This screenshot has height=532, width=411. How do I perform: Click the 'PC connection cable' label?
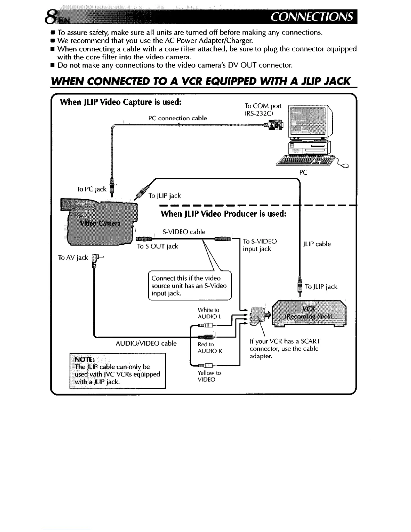[177, 118]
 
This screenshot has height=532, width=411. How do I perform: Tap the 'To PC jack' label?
[91, 189]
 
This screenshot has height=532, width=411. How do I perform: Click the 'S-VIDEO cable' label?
[184, 232]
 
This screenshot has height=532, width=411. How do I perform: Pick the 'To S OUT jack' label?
[157, 246]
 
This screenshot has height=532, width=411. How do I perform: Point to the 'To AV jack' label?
[73, 258]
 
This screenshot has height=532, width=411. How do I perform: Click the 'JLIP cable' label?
[317, 244]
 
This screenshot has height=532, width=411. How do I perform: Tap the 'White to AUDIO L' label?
[209, 313]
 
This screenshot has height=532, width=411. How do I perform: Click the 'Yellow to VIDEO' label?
[209, 376]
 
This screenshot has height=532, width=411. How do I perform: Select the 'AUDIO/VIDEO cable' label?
[146, 343]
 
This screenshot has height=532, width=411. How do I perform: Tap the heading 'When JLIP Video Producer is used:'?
[223, 214]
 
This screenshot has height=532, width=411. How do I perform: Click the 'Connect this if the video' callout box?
[189, 285]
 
